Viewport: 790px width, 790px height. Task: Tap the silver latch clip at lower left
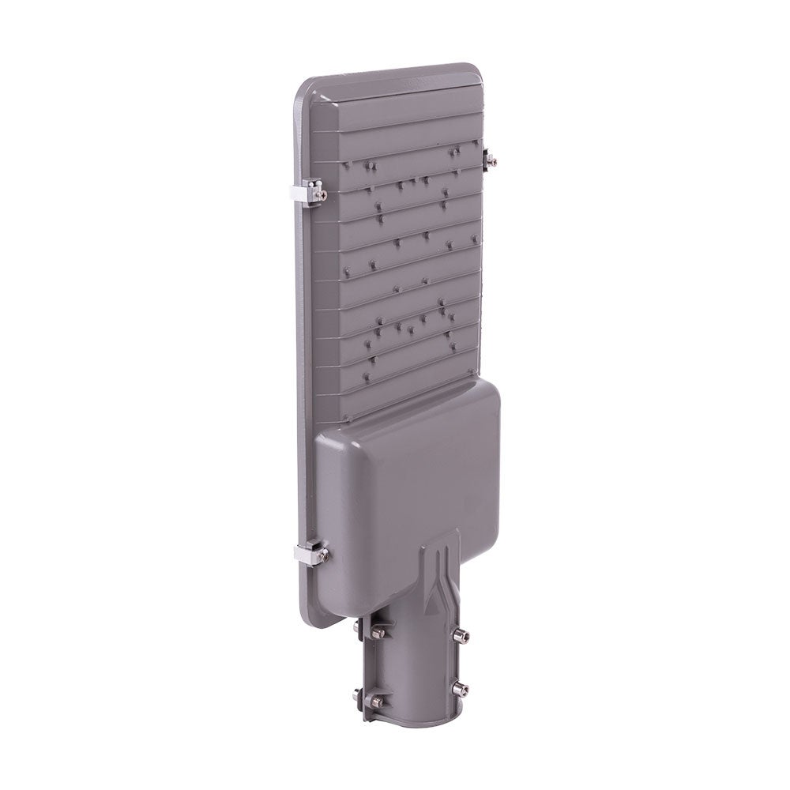pyautogui.click(x=309, y=552)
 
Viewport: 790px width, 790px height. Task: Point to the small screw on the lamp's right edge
pyautogui.click(x=489, y=160)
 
